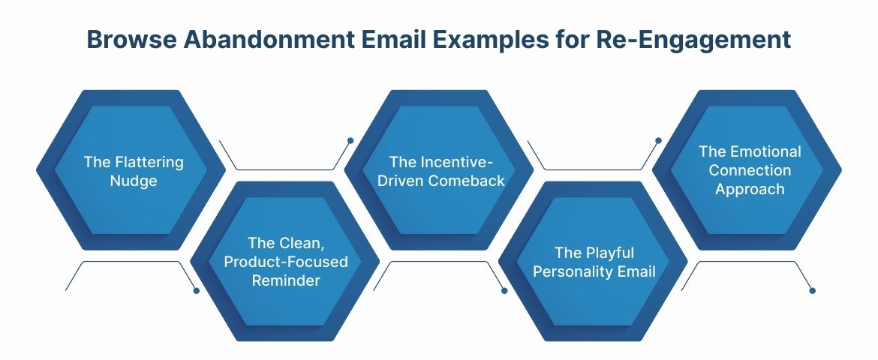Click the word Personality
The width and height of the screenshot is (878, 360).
(x=578, y=271)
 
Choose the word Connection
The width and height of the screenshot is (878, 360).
(x=750, y=170)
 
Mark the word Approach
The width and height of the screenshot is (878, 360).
(x=750, y=189)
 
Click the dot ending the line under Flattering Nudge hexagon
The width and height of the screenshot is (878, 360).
(x=197, y=290)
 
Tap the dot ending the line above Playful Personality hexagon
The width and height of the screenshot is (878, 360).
(x=659, y=140)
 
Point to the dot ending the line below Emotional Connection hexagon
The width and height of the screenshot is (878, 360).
(x=813, y=290)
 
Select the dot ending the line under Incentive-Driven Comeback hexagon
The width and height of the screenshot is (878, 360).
(x=504, y=290)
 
